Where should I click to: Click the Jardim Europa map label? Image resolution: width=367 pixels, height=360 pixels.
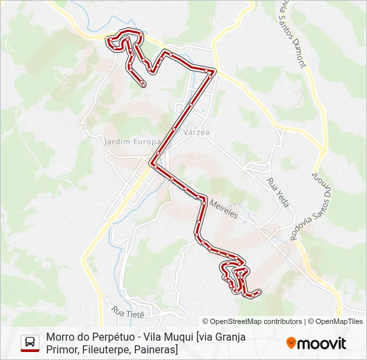coord(131,141)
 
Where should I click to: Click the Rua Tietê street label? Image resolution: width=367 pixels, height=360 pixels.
coord(128,311)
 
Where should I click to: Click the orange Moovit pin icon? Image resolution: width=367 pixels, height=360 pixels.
coord(291,343)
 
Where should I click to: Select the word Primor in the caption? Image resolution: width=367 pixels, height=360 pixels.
coord(61,349)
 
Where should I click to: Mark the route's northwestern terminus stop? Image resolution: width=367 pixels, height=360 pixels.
coord(143,84)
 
